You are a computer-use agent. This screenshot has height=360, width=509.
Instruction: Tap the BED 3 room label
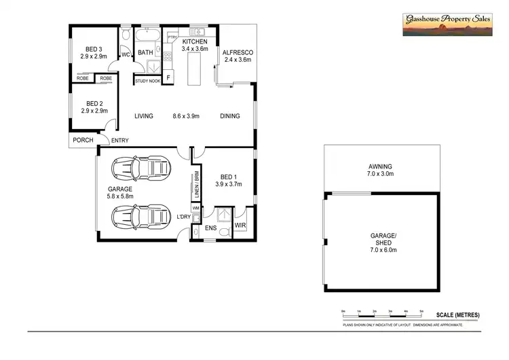[x=94, y=48]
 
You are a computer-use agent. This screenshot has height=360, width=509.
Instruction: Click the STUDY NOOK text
[x=148, y=81]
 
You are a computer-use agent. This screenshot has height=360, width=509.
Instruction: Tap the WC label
[x=126, y=55]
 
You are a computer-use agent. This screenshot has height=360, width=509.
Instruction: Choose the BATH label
[x=146, y=52]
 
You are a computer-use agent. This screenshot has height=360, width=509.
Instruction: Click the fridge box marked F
[x=169, y=77]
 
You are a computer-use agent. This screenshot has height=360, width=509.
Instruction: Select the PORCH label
[x=83, y=141]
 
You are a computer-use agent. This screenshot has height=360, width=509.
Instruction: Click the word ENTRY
[x=120, y=141]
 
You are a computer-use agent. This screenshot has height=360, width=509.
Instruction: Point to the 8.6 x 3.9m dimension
[x=185, y=116]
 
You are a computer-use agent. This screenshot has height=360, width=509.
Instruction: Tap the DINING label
[x=230, y=116]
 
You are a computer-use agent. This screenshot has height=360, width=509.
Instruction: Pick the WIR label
[x=240, y=225]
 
